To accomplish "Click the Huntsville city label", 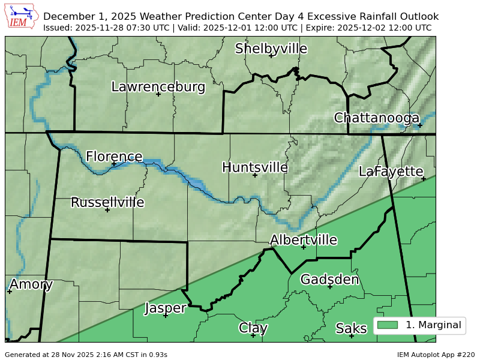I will point(255,167).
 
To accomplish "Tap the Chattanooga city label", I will point(376,118).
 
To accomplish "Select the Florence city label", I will point(114,157).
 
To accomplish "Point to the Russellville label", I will point(107,202).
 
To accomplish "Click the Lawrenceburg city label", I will point(158,87).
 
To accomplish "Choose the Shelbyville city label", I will point(271,49).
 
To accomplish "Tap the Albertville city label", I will point(303,240).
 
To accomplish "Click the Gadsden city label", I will point(329,280).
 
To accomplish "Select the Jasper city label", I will point(165,308).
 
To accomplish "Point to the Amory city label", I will point(31,284).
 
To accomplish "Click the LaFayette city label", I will point(391,172).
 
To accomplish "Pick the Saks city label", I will point(351,328).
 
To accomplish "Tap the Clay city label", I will point(253,328).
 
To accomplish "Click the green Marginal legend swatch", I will point(388,325).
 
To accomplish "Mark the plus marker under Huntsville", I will point(255,175).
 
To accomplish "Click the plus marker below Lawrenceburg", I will point(158,94).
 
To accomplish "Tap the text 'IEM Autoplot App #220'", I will point(436,355).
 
